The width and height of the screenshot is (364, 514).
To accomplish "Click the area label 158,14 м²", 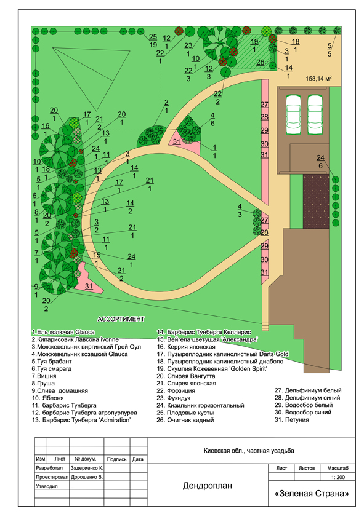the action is click(318, 78).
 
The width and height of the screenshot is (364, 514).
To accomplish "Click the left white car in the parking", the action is click(294, 114).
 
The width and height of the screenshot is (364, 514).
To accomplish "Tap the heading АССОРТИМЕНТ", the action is click(121, 318).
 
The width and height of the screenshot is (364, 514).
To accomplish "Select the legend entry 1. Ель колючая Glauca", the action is click(63, 332).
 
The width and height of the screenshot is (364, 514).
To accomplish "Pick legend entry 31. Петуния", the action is click(292, 419).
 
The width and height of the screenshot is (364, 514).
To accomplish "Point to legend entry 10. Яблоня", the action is click(48, 398).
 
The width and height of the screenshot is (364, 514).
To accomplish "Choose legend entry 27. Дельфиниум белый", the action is click(308, 390).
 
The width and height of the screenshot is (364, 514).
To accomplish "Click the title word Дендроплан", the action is click(208, 486).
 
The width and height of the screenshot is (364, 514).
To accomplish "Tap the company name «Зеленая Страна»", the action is click(312, 493).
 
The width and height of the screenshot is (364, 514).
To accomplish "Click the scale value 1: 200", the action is click(338, 477).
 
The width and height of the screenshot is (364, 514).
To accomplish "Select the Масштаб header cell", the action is click(338, 468).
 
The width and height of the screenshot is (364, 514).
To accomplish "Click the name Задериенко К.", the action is click(87, 468).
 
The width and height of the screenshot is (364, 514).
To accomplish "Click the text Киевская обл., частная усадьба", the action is click(249, 451).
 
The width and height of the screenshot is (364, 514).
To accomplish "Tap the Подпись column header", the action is click(116, 459).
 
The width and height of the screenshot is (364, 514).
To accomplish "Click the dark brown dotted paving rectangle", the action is click(316, 201).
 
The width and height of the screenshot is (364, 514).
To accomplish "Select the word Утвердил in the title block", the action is click(47, 486).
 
